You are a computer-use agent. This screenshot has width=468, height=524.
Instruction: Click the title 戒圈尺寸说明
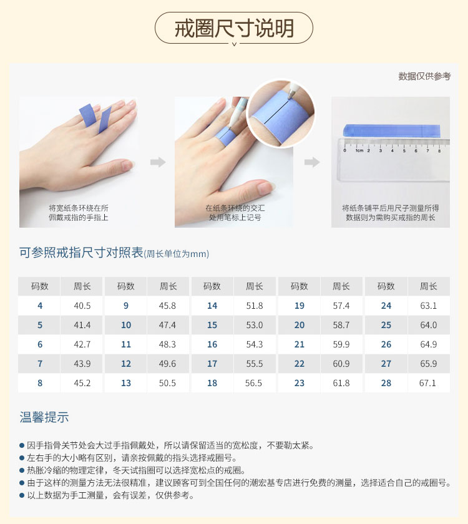pyautogui.click(x=234, y=28)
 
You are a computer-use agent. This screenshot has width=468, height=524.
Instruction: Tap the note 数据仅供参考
pyautogui.click(x=424, y=76)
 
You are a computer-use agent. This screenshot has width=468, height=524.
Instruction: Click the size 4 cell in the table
pyautogui.click(x=40, y=306)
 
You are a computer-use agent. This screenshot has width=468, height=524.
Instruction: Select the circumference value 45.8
pyautogui.click(x=167, y=306)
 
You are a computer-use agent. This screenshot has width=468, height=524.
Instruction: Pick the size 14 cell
pyautogui.click(x=212, y=306)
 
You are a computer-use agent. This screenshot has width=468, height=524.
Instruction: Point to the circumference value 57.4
pyautogui.click(x=341, y=306)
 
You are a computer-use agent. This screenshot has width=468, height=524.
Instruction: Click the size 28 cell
pyautogui.click(x=386, y=383)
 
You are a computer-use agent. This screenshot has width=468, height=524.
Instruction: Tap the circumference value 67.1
pyautogui.click(x=427, y=383)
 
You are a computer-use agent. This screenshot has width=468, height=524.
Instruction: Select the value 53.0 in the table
pyautogui.click(x=255, y=325)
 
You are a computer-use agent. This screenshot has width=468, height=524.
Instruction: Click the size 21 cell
pyautogui.click(x=299, y=344)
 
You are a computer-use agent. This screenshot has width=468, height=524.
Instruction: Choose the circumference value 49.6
pyautogui.click(x=167, y=364)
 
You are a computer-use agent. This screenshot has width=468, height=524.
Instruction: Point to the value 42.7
pyautogui.click(x=82, y=344)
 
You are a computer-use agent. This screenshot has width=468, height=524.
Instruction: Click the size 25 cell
pyautogui.click(x=386, y=325)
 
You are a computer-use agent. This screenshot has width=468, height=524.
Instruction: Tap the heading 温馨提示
pyautogui.click(x=44, y=417)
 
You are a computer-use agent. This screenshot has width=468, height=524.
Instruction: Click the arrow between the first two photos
pyautogui.click(x=158, y=162)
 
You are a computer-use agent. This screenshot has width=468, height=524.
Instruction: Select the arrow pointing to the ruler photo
pyautogui.click(x=312, y=162)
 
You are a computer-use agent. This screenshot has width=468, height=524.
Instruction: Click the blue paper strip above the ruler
pyautogui.click(x=392, y=130)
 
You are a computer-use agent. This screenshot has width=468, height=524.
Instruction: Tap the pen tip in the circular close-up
pyautogui.click(x=290, y=97)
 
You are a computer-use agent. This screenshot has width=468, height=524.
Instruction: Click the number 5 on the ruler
pyautogui.click(x=404, y=151)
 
